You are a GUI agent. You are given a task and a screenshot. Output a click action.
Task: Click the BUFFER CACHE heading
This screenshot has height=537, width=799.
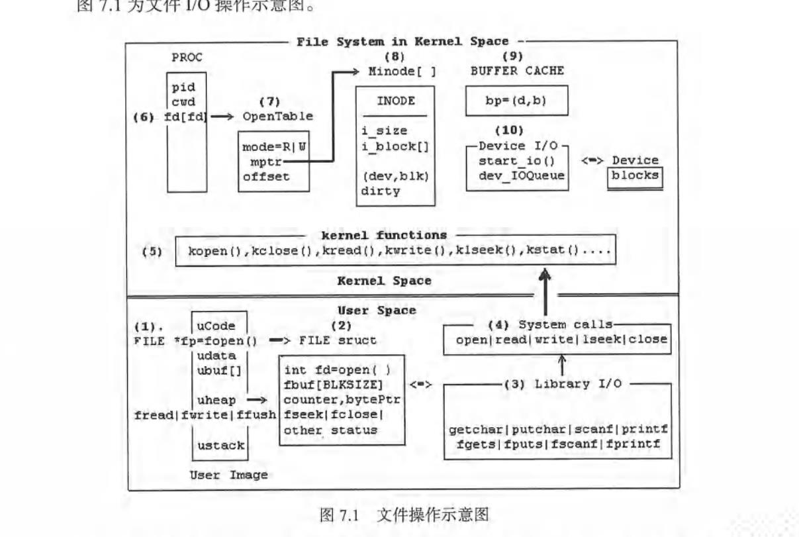(x=517, y=72)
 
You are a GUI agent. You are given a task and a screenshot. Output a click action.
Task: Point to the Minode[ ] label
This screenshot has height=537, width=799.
(x=402, y=72)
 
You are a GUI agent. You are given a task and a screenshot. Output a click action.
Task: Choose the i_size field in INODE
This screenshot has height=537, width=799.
(x=384, y=131)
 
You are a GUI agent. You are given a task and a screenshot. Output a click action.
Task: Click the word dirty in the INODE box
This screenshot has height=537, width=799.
(x=381, y=191)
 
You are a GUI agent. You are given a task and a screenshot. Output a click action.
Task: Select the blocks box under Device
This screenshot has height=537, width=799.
(x=635, y=176)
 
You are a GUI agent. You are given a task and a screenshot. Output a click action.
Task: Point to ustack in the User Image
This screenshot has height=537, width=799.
(x=220, y=446)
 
